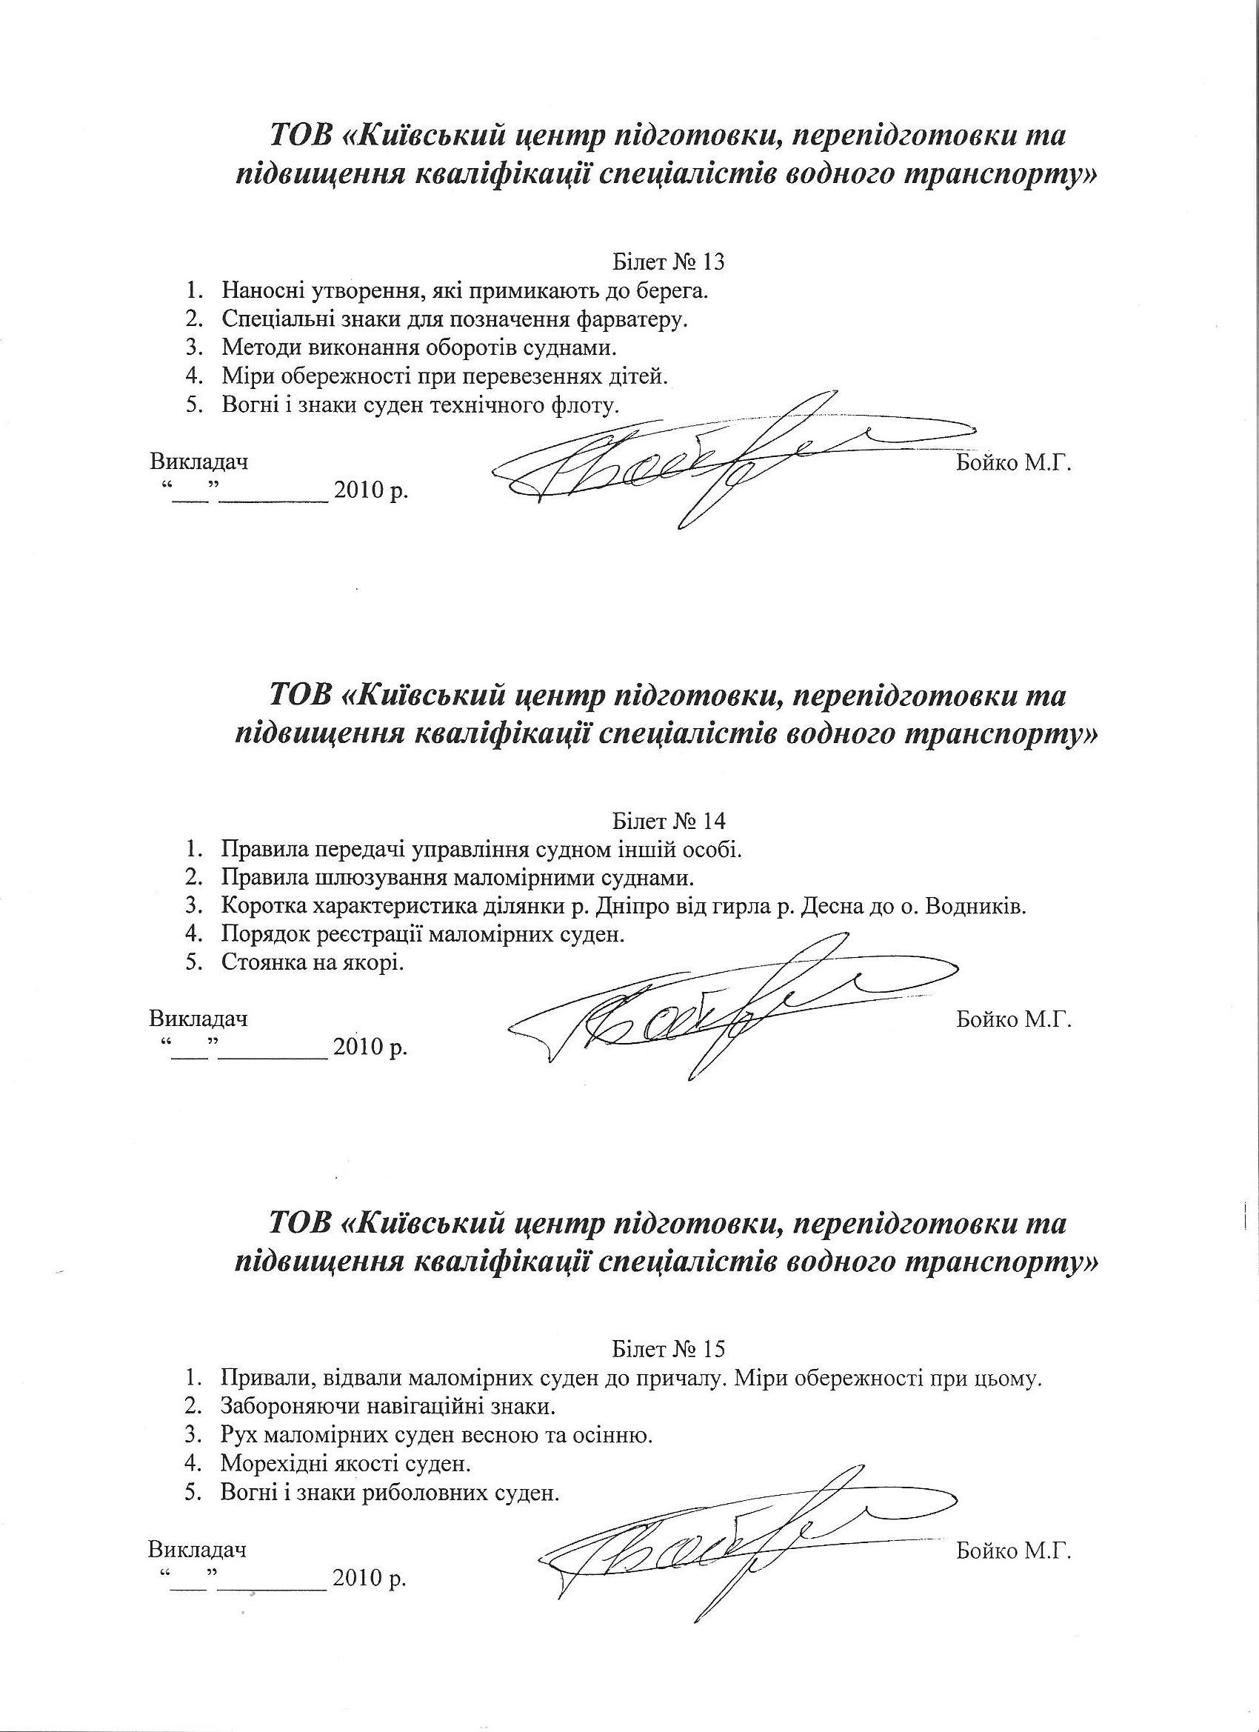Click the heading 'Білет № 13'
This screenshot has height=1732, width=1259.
pos(668,263)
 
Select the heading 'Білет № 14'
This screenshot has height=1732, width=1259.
pos(668,821)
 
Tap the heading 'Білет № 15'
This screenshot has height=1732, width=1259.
pos(668,1349)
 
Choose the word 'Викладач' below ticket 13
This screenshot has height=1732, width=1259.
pos(199,462)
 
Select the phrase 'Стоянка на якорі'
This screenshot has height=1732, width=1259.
pos(312,963)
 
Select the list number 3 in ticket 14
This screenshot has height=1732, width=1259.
pos(192,907)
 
